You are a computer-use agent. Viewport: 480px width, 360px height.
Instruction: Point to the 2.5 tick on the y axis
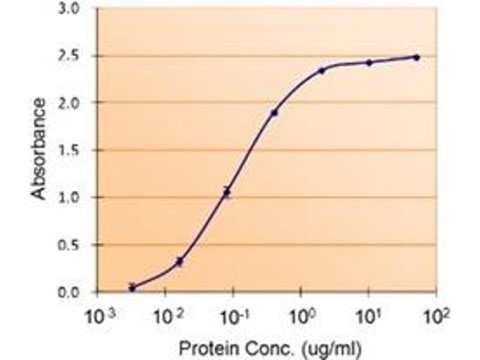click(x=68, y=56)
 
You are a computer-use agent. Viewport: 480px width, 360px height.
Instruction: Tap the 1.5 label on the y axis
click(x=68, y=151)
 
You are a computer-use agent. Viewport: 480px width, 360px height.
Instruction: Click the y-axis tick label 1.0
click(x=68, y=197)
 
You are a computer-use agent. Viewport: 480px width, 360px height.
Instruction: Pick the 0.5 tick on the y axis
click(x=68, y=245)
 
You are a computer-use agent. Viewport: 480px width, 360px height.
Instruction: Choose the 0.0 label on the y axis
click(x=68, y=293)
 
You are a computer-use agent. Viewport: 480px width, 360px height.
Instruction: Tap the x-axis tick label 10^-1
click(x=235, y=317)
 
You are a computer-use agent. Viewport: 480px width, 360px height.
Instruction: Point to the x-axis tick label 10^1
click(x=370, y=317)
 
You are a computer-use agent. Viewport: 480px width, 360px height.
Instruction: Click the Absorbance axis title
click(x=39, y=149)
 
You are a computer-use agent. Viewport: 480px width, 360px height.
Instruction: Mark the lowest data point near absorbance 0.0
click(x=132, y=287)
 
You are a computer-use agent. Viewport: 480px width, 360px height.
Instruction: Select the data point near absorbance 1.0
click(x=227, y=192)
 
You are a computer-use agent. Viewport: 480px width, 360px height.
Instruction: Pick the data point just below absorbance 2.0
click(x=274, y=113)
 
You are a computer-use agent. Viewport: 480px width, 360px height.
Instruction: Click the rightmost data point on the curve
click(x=416, y=57)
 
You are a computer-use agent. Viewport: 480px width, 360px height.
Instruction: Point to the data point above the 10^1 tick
click(x=369, y=63)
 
